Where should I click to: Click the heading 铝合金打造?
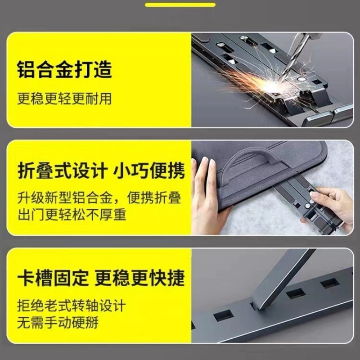[x=64, y=70]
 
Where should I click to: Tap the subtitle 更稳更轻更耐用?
[x=64, y=99]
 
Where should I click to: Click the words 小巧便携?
[x=148, y=171]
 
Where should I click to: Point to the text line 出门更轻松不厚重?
[x=72, y=215]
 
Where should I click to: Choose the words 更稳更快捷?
[x=139, y=277]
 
